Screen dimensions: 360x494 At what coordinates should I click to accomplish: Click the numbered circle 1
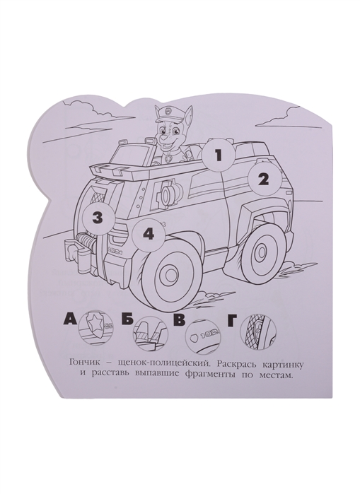pos(218,156)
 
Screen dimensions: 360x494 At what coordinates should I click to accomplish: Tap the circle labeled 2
pos(263,180)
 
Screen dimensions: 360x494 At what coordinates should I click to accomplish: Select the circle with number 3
pos(98,218)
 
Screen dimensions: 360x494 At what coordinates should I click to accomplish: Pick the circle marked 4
pos(149,235)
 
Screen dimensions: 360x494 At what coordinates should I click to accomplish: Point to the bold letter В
pos(180,322)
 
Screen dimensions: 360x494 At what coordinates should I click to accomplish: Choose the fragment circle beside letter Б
pos(151,333)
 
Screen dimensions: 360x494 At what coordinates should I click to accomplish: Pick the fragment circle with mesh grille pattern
pos(257,330)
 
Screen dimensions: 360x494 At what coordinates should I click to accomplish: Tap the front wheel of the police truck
pos(169,271)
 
